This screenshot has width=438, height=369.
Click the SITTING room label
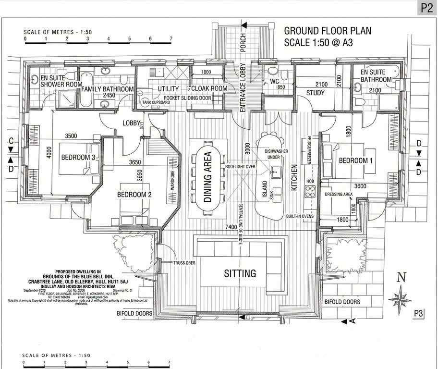[240, 273]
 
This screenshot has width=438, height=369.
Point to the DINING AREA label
[208, 178]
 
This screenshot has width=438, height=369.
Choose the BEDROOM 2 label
[134, 195]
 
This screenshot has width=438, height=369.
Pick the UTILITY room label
[168, 89]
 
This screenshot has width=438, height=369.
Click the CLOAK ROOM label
[209, 89]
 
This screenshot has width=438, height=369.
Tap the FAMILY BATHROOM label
[107, 89]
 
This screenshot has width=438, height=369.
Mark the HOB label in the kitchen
[310, 182]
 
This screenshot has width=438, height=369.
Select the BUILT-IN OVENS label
[300, 216]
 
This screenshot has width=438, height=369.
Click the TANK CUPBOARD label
[155, 102]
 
